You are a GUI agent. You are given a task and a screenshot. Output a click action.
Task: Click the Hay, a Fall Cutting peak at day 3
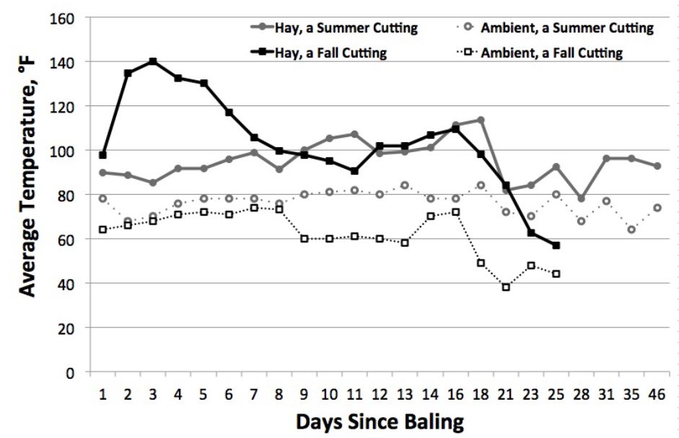pyautogui.click(x=153, y=61)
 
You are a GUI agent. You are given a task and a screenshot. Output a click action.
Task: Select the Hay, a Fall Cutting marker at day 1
pyautogui.click(x=102, y=155)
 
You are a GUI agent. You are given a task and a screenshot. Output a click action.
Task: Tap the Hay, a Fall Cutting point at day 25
pyautogui.click(x=556, y=245)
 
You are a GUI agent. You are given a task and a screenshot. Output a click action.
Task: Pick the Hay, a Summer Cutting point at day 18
pyautogui.click(x=480, y=120)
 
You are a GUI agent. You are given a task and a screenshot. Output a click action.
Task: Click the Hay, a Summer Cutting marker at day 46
pyautogui.click(x=657, y=166)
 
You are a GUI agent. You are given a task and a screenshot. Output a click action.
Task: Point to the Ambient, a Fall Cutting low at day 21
pyautogui.click(x=506, y=287)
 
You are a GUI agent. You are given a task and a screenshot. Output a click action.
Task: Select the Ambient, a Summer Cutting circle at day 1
pyautogui.click(x=102, y=198)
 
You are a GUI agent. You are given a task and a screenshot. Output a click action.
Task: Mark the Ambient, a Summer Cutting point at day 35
pyautogui.click(x=631, y=229)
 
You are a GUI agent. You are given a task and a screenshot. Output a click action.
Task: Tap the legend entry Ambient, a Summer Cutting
pyautogui.click(x=566, y=28)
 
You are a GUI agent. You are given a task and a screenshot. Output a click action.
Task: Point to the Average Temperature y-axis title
pyautogui.click(x=27, y=195)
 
